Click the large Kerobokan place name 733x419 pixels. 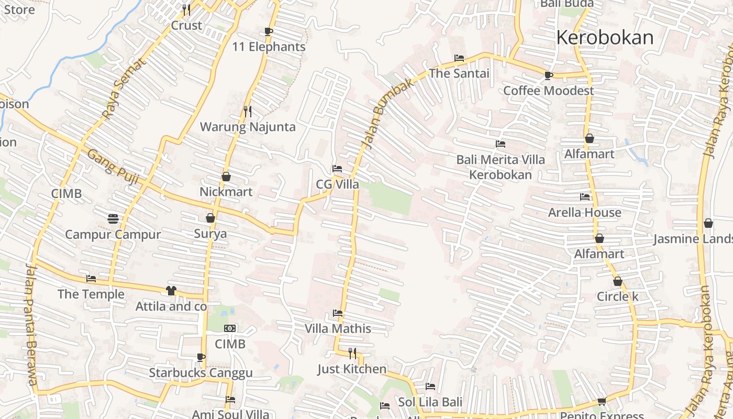(605, 38)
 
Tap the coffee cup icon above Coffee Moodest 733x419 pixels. (548, 75)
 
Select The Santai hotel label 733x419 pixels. (459, 73)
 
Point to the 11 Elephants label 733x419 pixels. (269, 47)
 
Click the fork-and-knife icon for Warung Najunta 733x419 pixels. (248, 111)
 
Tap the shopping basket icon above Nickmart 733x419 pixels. (226, 177)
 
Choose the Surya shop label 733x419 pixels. (210, 234)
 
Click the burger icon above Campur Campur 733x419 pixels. (113, 218)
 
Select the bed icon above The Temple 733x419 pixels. (91, 279)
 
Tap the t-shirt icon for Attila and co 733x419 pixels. (171, 290)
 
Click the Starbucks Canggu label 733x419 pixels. (201, 373)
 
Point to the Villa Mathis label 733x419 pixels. (338, 329)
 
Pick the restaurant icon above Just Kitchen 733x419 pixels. (352, 354)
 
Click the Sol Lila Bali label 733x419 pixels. (430, 402)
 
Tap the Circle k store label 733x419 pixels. (617, 296)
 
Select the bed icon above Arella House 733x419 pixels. (585, 197)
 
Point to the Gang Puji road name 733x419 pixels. (113, 167)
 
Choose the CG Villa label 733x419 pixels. (337, 184)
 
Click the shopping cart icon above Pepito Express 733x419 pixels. (602, 402)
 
